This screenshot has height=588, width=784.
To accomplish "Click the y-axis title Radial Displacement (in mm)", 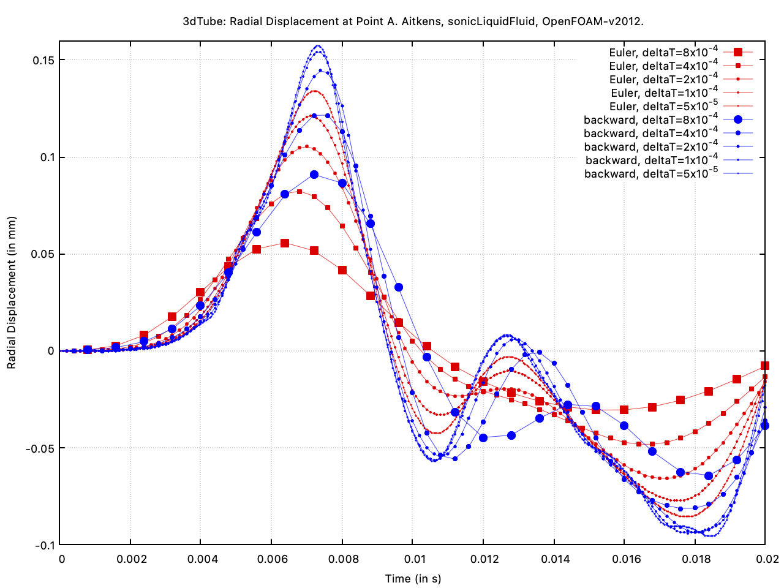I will click(12, 292).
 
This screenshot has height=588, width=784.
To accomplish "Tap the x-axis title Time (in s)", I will click(413, 579).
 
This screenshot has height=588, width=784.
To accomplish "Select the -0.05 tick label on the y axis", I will click(40, 448).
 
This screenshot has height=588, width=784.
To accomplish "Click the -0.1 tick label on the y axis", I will click(44, 545).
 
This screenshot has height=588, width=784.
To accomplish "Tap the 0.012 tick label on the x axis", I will click(483, 559).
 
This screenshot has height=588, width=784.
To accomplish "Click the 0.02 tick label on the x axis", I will click(765, 559).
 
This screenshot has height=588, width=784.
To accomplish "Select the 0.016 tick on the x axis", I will click(624, 559).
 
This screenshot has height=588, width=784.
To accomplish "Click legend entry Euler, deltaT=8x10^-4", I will click(663, 53).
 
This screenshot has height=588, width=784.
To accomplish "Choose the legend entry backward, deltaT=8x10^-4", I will click(650, 120).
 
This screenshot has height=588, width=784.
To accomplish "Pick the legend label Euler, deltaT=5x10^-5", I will click(663, 107).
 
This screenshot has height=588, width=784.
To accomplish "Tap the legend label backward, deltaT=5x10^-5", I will click(650, 174).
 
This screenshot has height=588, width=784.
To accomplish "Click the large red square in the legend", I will click(738, 53).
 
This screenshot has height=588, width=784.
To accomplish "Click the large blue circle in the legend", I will click(738, 120).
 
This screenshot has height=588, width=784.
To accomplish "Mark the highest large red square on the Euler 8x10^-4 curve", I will click(285, 243).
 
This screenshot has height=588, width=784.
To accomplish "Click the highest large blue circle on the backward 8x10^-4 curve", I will click(314, 175).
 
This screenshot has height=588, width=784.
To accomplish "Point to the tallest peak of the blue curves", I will click(318, 46).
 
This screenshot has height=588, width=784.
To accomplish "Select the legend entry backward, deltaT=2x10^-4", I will click(650, 147).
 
